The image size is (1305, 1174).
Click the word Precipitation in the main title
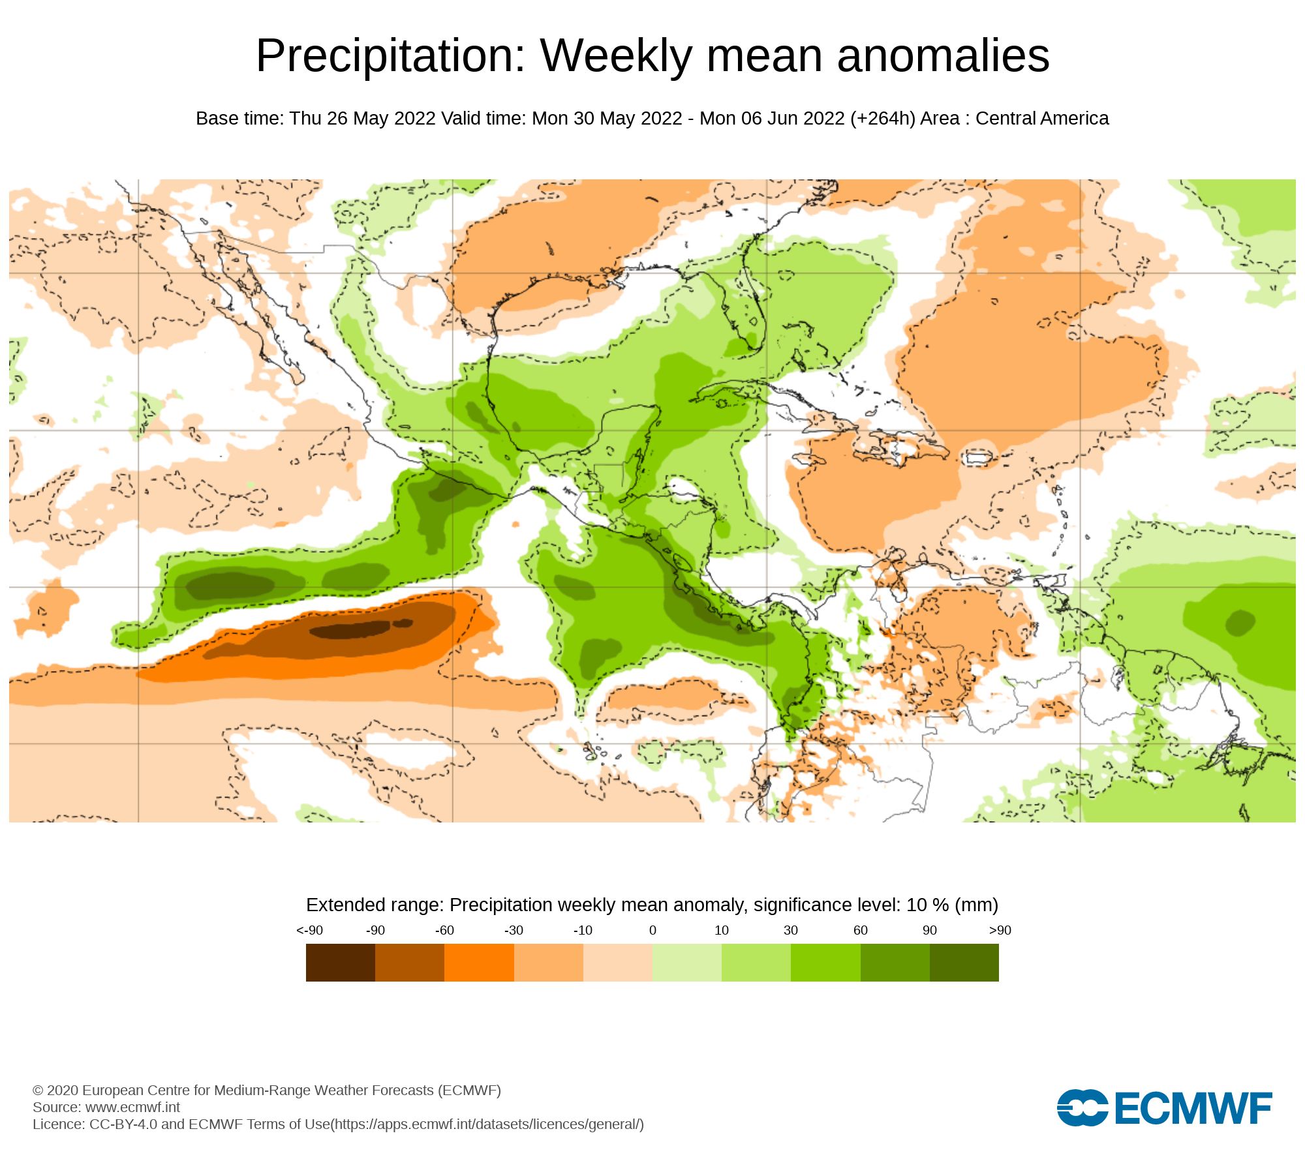click(390, 56)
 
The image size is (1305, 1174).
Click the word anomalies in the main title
click(943, 56)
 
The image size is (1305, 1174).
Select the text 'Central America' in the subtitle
click(1042, 119)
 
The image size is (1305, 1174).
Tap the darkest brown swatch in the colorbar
click(341, 963)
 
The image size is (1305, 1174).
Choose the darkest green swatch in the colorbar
click(964, 963)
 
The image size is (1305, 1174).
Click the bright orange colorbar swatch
click(479, 963)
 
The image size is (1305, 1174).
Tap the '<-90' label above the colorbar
click(309, 931)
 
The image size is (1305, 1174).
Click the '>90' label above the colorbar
click(1000, 931)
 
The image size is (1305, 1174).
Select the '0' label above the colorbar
click(652, 931)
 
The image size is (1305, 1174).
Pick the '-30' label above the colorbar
click(514, 931)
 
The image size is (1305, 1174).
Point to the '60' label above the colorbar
click(861, 931)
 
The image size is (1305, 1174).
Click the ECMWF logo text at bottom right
click(1193, 1109)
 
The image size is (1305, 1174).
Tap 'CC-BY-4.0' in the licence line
click(123, 1124)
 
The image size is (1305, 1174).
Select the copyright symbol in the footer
click(38, 1091)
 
